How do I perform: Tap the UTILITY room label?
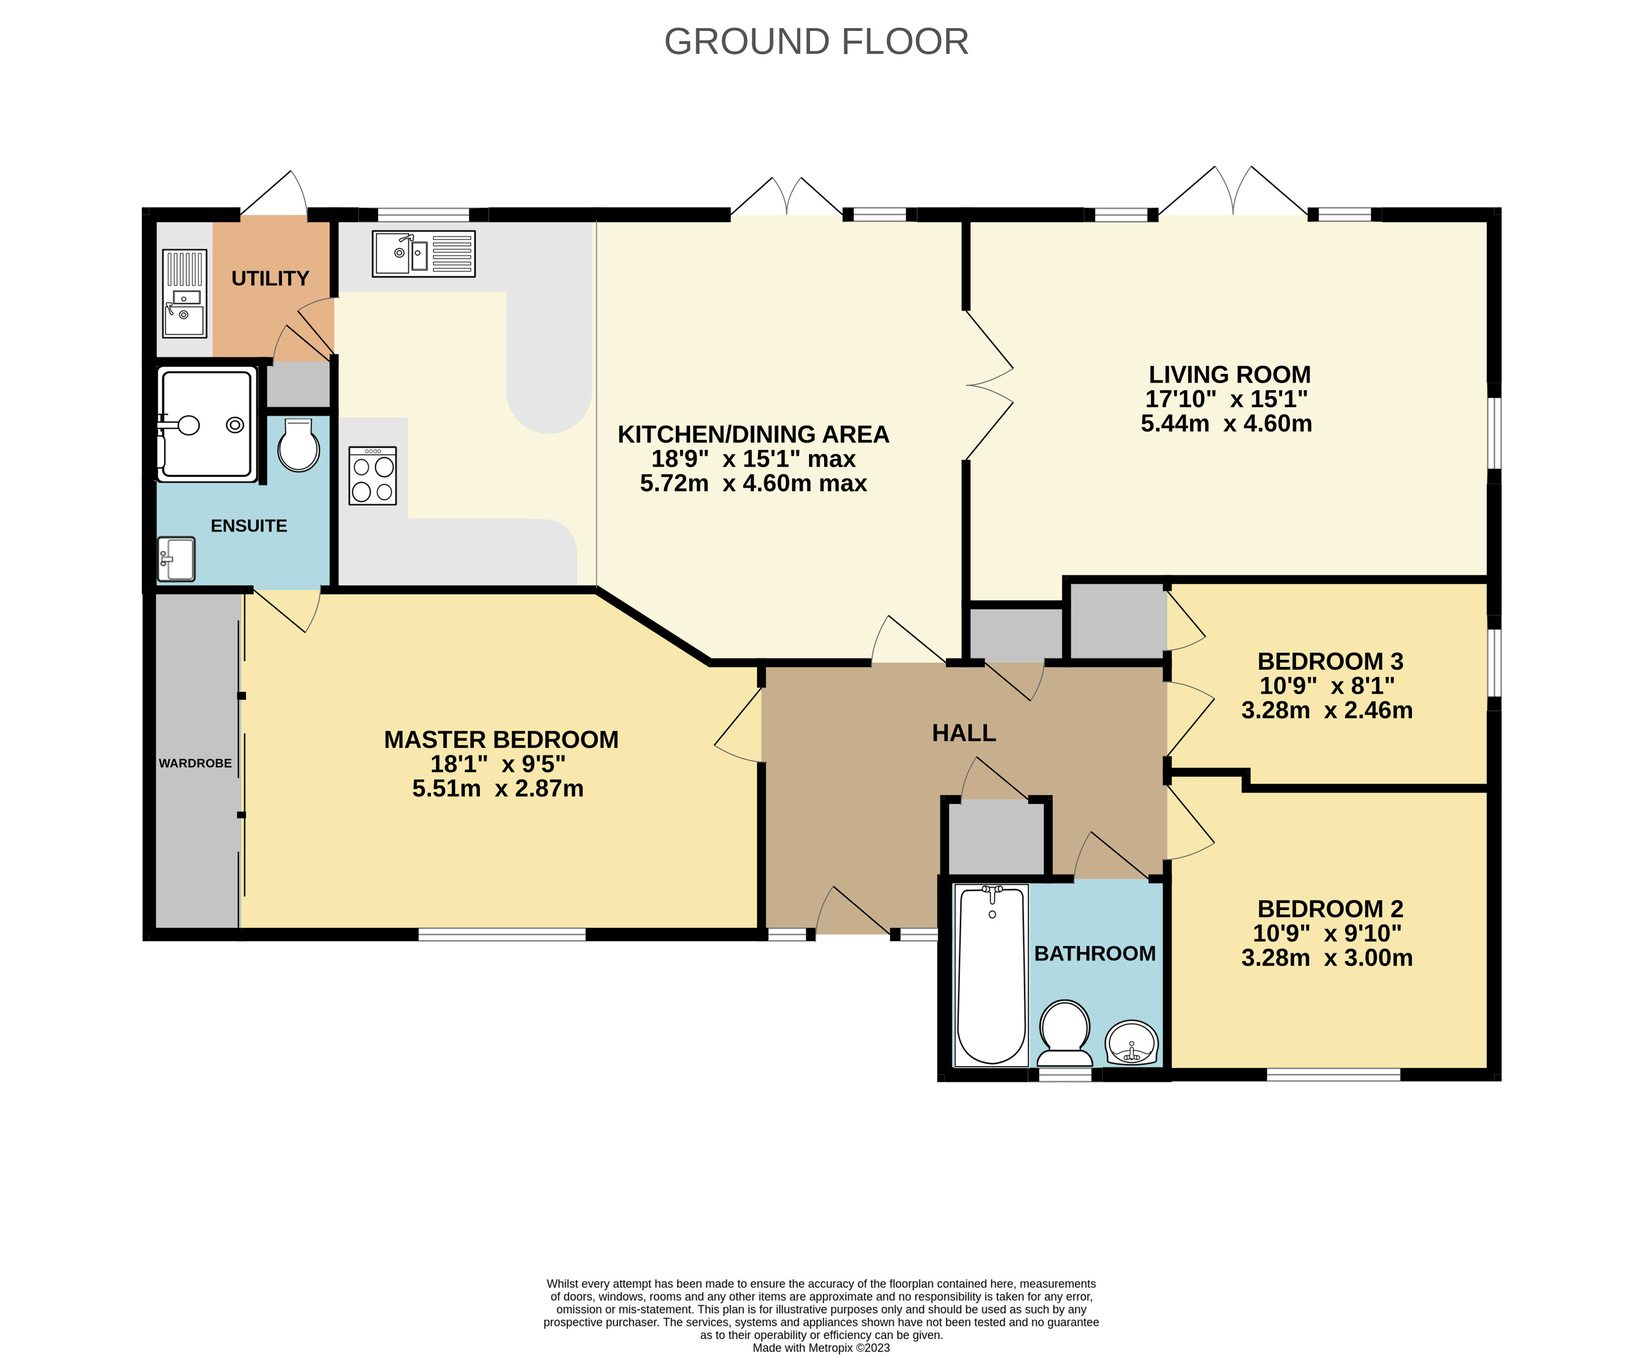tap(270, 279)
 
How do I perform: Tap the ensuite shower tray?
tap(207, 424)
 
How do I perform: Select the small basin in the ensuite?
tap(177, 559)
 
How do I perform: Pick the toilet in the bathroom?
tap(1064, 1033)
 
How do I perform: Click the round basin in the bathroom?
tap(1131, 1043)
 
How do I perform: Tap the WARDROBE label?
tap(195, 763)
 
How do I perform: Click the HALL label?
tap(964, 733)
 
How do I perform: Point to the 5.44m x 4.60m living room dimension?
tap(1226, 424)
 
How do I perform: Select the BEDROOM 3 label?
tap(1330, 661)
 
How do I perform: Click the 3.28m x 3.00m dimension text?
tap(1327, 958)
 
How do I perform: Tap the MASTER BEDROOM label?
tap(501, 739)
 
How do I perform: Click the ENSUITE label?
tap(249, 526)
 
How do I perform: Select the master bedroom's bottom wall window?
tap(502, 934)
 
